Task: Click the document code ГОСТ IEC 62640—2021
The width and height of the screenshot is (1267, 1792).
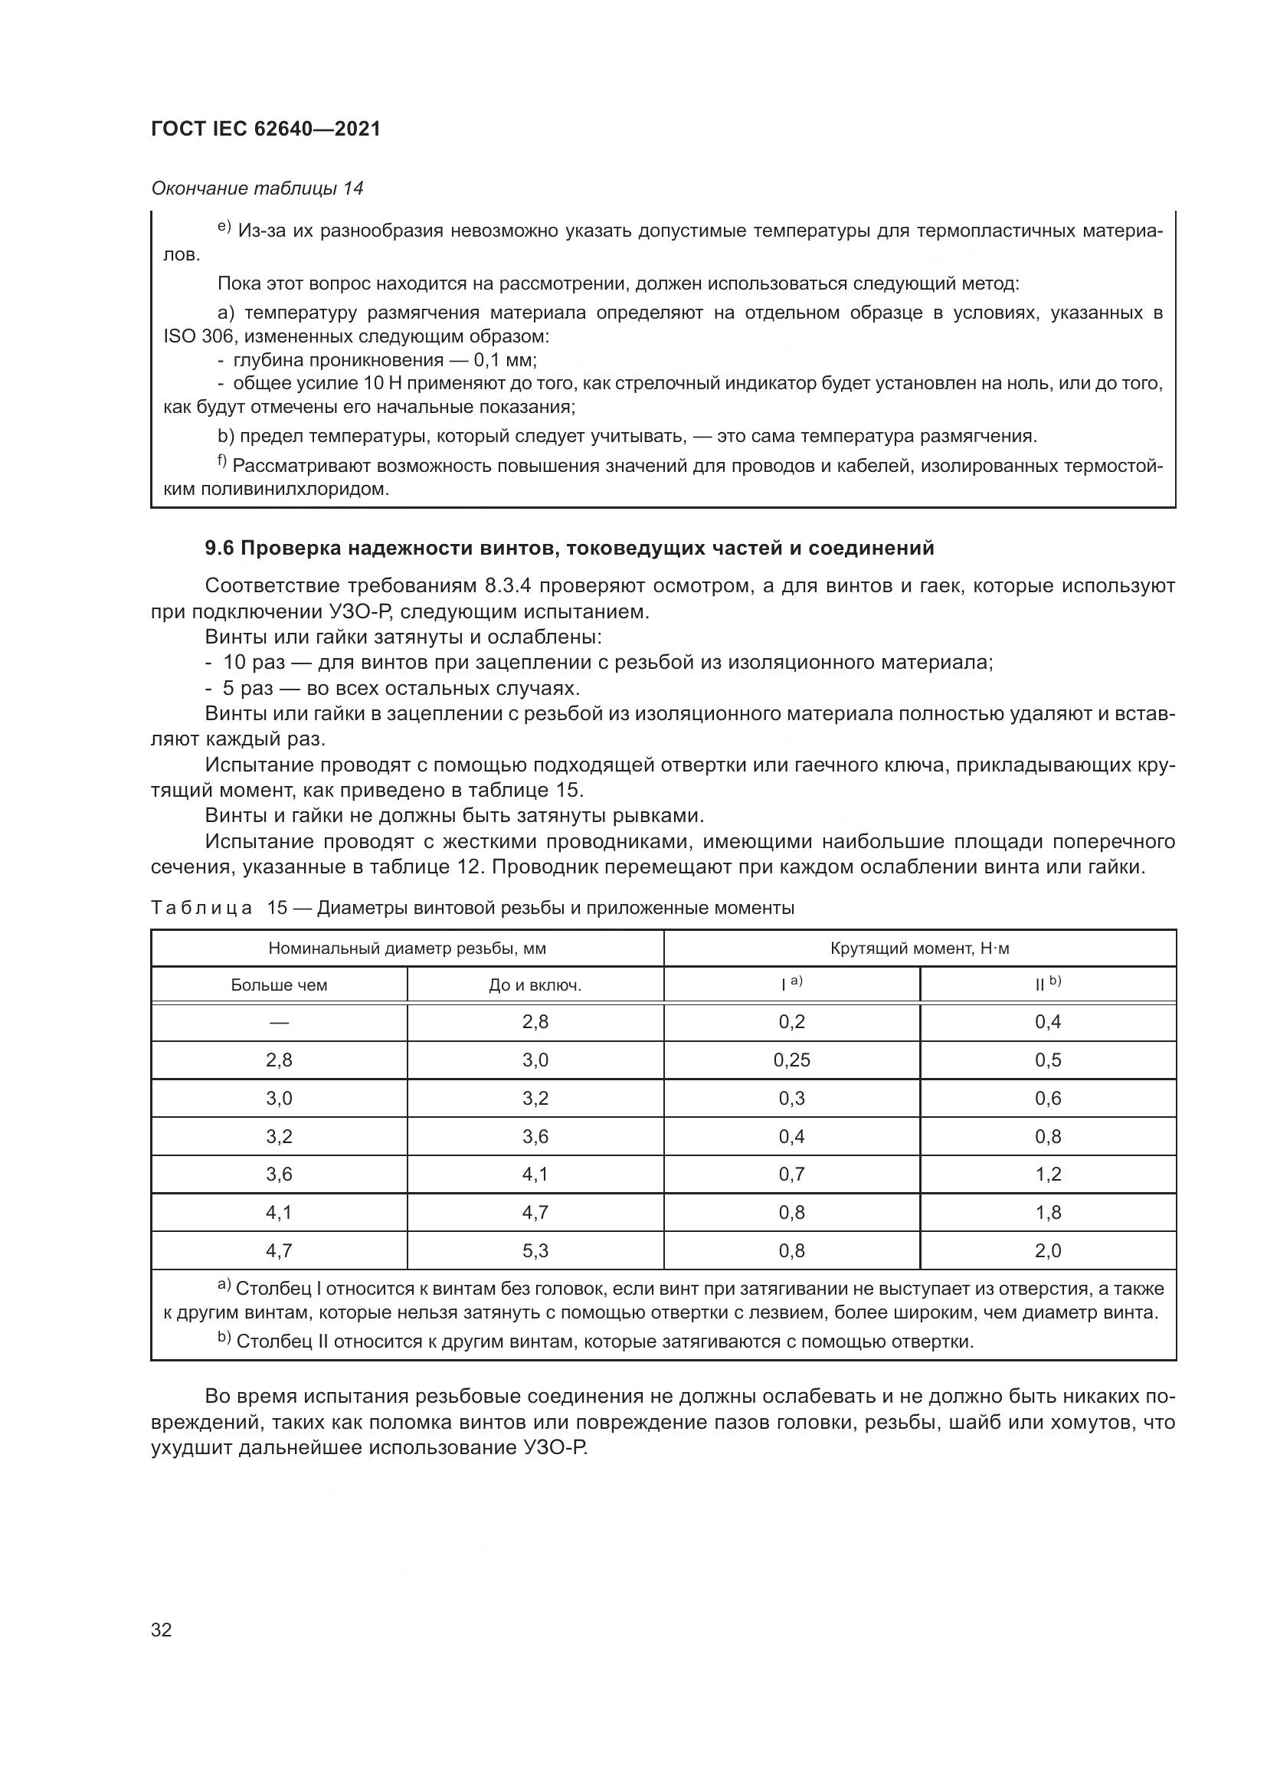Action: coord(265,129)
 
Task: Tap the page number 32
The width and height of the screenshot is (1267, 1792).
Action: coord(162,1629)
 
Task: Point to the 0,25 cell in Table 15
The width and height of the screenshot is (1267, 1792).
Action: coord(791,1060)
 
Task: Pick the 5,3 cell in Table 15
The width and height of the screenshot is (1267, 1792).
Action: coord(535,1250)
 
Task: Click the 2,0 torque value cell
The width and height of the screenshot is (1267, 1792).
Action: coord(1048,1250)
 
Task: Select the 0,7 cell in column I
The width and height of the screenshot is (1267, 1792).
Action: coord(791,1174)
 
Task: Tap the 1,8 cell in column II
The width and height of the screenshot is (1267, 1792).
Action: coord(1048,1212)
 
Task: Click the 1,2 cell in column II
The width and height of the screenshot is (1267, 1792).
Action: coord(1048,1174)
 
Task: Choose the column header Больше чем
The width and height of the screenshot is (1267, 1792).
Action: coord(279,985)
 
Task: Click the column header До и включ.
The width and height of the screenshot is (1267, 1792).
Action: coord(535,985)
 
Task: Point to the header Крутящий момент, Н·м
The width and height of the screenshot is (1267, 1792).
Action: coord(920,948)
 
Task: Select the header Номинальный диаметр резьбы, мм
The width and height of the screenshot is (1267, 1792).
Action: coord(408,948)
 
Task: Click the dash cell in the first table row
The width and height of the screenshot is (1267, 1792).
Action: coord(279,1022)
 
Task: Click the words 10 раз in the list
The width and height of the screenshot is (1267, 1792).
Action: coord(248,663)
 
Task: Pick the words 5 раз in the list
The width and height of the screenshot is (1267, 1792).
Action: coord(242,689)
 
